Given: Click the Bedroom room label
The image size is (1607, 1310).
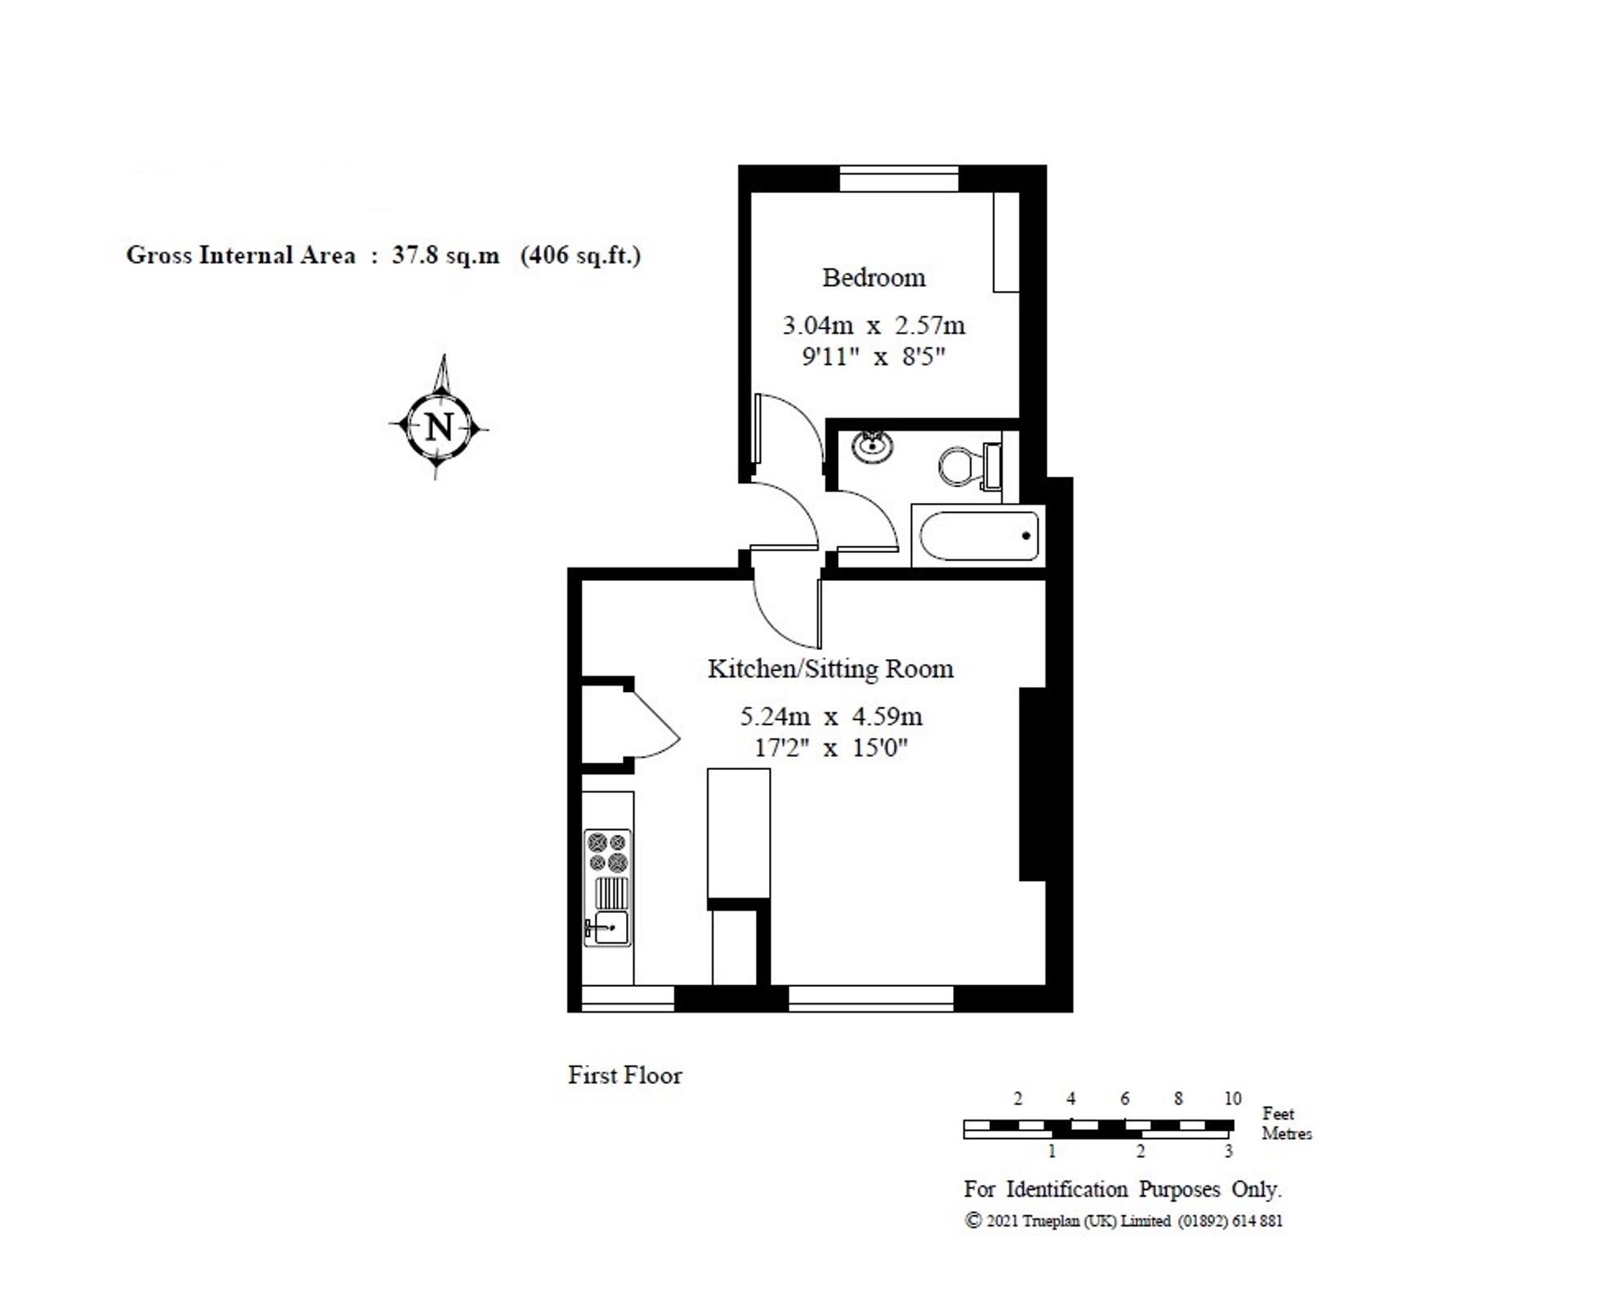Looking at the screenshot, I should click(x=873, y=278).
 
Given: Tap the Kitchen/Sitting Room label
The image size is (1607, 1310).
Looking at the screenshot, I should click(x=830, y=669).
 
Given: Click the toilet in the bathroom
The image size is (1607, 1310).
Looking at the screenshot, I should click(x=959, y=465).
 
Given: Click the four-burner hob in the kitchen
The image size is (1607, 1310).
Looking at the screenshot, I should click(x=607, y=852).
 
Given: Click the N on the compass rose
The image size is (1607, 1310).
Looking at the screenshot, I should click(x=439, y=427).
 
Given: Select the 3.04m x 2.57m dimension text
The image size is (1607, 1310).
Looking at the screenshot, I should click(x=873, y=325).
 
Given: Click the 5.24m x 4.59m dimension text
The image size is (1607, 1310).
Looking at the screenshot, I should click(x=830, y=715).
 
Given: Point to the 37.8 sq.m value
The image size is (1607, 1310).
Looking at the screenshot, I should click(x=445, y=256).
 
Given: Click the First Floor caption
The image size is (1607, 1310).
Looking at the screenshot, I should click(x=624, y=1075).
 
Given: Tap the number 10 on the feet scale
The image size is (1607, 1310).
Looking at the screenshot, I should click(x=1232, y=1098).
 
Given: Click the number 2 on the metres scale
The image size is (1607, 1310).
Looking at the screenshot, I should click(x=1140, y=1152).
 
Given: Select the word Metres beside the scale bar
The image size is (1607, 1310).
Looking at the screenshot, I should click(x=1286, y=1134).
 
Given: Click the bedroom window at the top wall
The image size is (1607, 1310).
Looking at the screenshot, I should click(x=898, y=178).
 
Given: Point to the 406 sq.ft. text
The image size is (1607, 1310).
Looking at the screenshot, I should click(x=581, y=256).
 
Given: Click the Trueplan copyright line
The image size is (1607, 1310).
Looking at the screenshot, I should click(x=1122, y=1221).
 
